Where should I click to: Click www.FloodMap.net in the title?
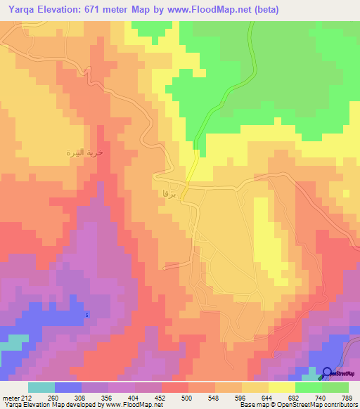pyautogui.click(x=210, y=9)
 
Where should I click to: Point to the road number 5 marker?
pyautogui.click(x=87, y=314)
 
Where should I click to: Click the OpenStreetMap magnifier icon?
pyautogui.click(x=328, y=373)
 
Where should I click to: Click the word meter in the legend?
pyautogui.click(x=11, y=397)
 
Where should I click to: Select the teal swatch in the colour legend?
pyautogui.click(x=41, y=387)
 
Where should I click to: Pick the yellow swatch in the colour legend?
pyautogui.click(x=281, y=387)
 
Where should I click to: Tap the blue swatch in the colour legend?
pyautogui.click(x=68, y=387)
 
